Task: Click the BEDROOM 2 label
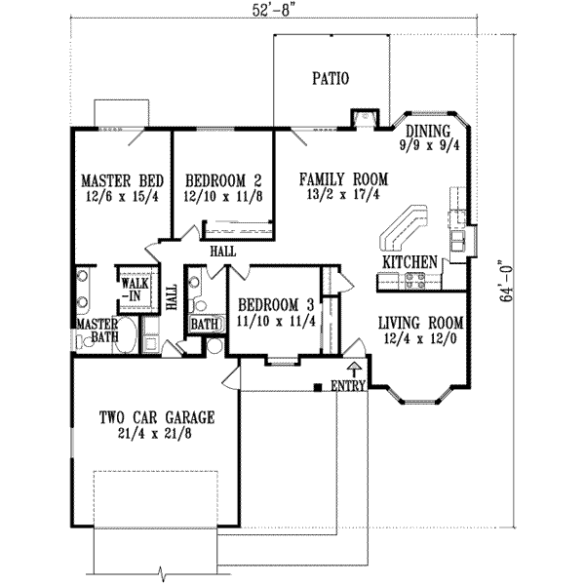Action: (x=223, y=180)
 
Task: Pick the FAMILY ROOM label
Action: (x=343, y=179)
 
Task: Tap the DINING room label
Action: (x=428, y=132)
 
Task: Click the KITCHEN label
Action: (x=409, y=263)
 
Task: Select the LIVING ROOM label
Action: (x=419, y=325)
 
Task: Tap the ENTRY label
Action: (x=348, y=387)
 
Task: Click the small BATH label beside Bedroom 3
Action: (x=204, y=324)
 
